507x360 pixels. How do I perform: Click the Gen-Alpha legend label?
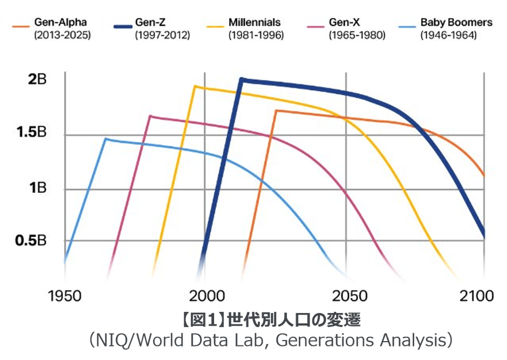point(60,23)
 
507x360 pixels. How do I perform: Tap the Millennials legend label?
point(254,23)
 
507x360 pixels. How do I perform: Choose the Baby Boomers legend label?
point(456,23)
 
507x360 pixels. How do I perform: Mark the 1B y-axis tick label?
point(37,188)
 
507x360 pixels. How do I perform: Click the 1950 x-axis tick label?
point(65,296)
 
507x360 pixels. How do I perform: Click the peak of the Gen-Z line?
point(242,79)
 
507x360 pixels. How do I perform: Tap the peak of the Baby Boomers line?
point(106,139)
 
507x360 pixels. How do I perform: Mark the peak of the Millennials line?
point(195,86)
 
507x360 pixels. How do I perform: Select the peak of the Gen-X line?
point(150,116)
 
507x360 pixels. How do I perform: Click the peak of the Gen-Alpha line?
point(276,110)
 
